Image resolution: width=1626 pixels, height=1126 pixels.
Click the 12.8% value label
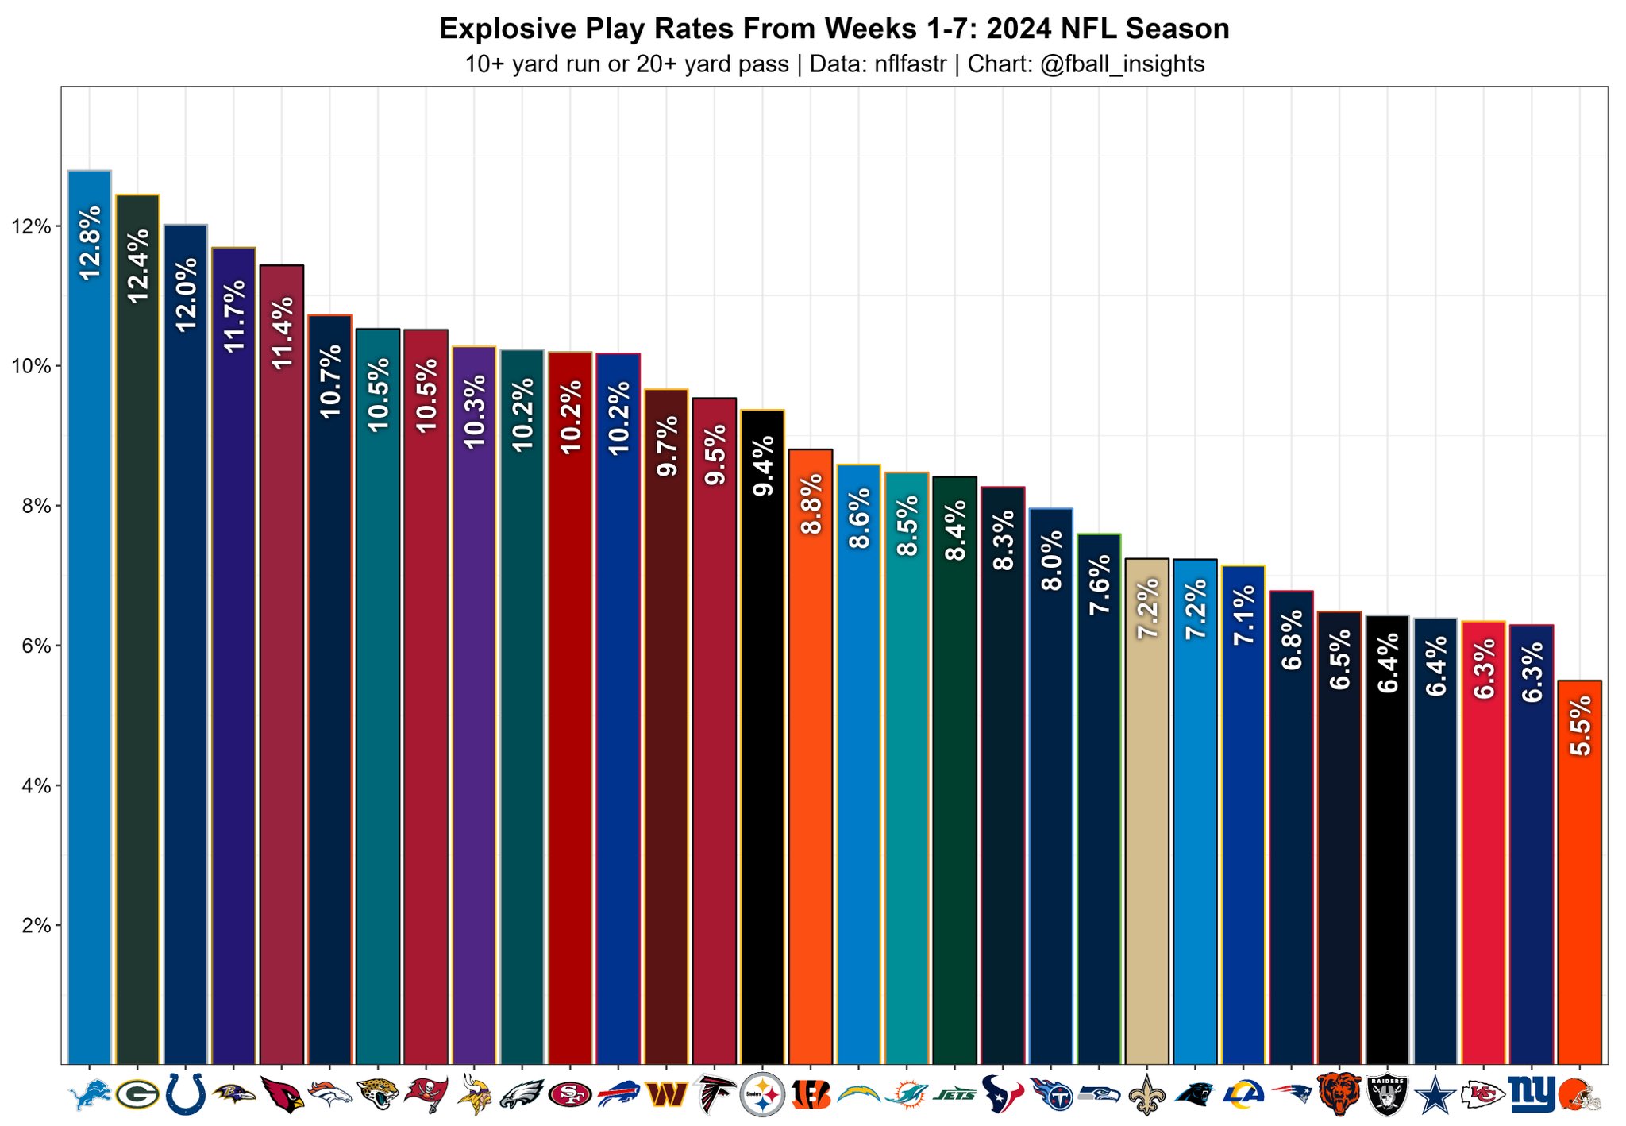91,242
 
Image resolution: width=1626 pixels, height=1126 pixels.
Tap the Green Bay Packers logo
137,1095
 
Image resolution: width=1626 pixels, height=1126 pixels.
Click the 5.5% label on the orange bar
1580,725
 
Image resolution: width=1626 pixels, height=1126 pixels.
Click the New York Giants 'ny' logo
1532,1094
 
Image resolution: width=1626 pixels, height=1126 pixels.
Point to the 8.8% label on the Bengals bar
811,504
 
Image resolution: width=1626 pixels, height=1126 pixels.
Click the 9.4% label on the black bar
763,466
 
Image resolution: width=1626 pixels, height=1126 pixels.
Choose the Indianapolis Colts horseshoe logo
186,1095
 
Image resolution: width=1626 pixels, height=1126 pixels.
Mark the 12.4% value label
138,265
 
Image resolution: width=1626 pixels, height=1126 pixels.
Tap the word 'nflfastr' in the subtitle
910,64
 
